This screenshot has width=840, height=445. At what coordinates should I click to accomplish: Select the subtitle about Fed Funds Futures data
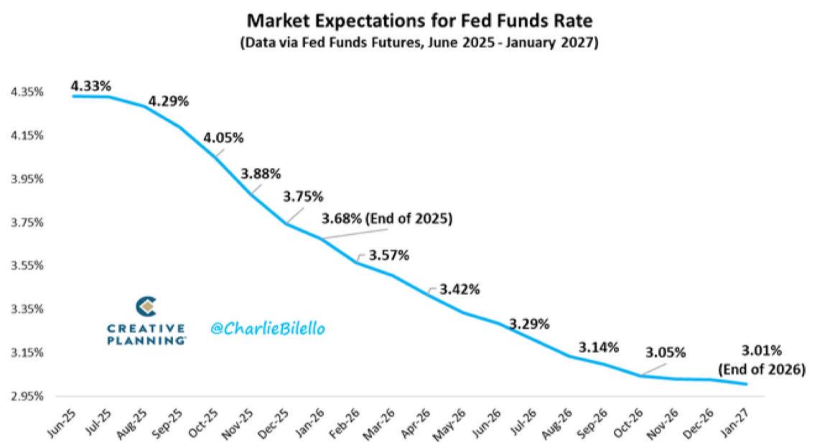tap(420, 42)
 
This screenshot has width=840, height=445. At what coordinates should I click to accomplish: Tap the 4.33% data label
tap(90, 86)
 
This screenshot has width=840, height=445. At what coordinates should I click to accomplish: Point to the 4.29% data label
tap(168, 101)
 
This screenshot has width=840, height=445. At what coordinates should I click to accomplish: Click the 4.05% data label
tap(223, 137)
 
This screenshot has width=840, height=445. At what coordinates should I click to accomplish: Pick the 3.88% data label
tap(261, 174)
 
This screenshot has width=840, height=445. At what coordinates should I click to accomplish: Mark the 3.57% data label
tap(388, 255)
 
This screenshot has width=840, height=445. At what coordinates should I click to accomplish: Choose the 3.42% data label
tap(459, 289)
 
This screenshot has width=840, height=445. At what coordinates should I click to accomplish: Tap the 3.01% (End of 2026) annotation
tap(762, 360)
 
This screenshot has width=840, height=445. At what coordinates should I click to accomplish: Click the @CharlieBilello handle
tap(268, 328)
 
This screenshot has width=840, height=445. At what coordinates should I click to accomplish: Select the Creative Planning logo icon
tap(146, 307)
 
